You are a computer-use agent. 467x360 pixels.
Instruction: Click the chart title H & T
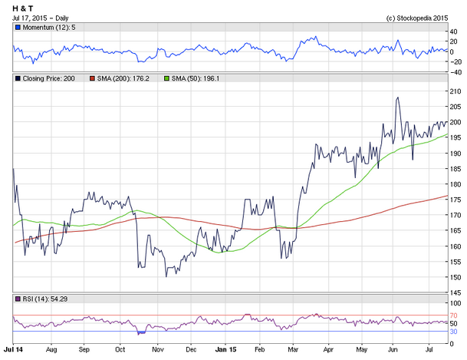click(x=23, y=8)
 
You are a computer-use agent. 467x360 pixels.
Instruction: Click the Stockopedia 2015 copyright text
click(x=417, y=18)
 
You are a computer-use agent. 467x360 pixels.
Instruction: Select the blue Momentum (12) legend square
click(x=18, y=28)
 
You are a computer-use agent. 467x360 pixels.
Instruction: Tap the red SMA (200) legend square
click(x=92, y=78)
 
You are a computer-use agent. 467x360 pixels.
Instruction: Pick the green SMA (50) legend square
click(x=167, y=78)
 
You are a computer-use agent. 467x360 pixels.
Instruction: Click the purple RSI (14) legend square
click(x=18, y=299)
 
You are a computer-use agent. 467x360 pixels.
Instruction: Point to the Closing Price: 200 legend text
click(x=48, y=78)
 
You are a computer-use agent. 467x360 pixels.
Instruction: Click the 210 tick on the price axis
click(x=455, y=91)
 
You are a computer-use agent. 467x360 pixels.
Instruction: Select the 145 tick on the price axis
click(x=455, y=292)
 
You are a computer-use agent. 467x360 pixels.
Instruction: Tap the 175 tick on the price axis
click(x=455, y=200)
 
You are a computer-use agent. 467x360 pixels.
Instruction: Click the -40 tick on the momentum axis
click(x=455, y=72)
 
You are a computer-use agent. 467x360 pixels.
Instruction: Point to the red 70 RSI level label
click(x=453, y=315)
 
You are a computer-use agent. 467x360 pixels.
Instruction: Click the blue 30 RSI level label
click(x=453, y=332)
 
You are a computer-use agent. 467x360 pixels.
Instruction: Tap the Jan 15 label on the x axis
click(x=225, y=349)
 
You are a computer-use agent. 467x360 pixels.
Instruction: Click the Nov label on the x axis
click(x=157, y=349)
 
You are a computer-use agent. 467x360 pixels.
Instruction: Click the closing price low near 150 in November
click(x=166, y=276)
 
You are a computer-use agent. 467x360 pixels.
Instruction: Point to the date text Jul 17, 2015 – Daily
click(x=40, y=18)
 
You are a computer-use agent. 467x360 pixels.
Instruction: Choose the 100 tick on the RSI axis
click(x=455, y=303)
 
